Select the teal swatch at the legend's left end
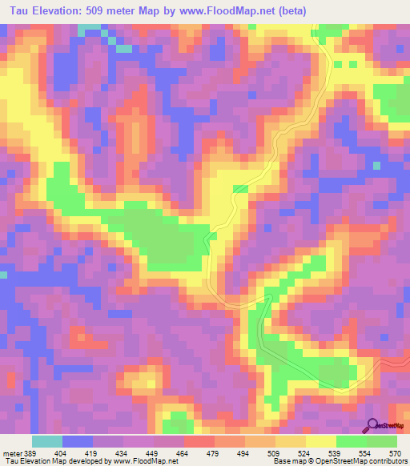click(47, 442)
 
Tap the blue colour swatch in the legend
click(78, 442)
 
